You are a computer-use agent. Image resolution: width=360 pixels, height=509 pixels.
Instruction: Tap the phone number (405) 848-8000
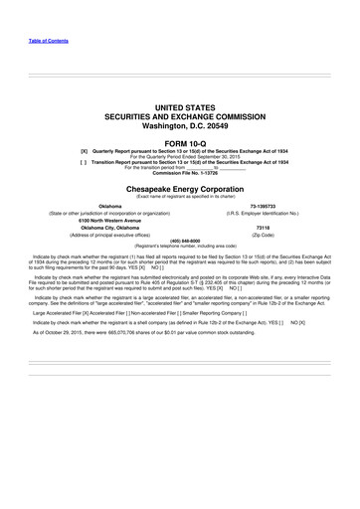(x=180, y=240)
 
